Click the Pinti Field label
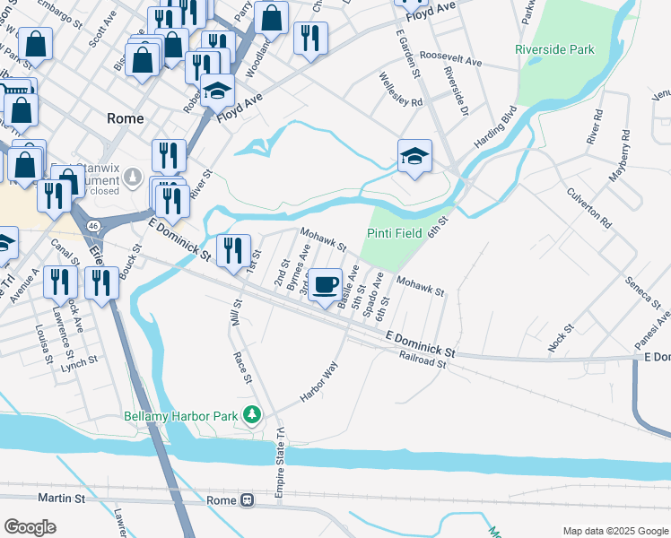coord(395,232)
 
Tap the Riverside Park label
coord(554,49)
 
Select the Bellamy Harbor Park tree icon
coord(253,414)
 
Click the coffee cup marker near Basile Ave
coord(325,285)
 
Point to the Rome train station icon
coord(247,500)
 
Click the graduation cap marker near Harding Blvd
coord(414,157)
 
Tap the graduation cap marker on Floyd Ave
coord(217,91)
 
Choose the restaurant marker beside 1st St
coord(233,250)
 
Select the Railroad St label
coord(423,360)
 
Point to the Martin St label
coord(62,497)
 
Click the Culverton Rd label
coord(588,208)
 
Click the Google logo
coord(30,527)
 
